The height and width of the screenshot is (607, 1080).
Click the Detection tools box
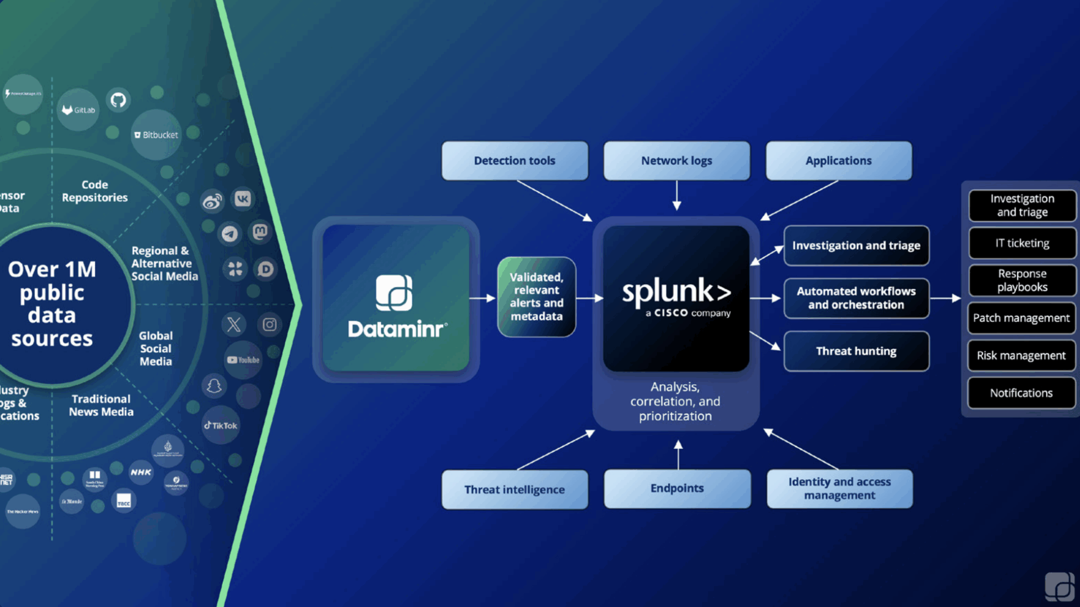(x=515, y=161)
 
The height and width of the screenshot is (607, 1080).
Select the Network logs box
(x=677, y=161)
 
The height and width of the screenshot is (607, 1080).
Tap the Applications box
(x=838, y=161)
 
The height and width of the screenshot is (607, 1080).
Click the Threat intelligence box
(x=515, y=489)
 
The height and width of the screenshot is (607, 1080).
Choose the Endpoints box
(x=677, y=488)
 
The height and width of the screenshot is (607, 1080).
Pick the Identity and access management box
(x=839, y=488)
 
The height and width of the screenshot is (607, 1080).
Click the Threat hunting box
(x=856, y=351)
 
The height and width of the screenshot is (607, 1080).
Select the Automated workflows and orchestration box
(x=856, y=298)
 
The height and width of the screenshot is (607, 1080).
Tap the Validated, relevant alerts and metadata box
(x=537, y=296)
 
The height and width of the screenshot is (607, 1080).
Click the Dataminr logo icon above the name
(x=394, y=293)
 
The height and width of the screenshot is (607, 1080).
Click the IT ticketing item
(x=1021, y=243)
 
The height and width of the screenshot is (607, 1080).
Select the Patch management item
(x=1021, y=318)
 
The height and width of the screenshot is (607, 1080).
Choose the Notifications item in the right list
(x=1021, y=393)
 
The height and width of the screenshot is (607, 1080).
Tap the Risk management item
(x=1021, y=356)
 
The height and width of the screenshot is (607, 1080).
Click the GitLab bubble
(x=78, y=110)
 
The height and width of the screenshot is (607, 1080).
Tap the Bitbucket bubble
(x=156, y=135)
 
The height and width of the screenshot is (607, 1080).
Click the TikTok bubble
(x=220, y=425)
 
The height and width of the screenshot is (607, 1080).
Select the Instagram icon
(x=269, y=325)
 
